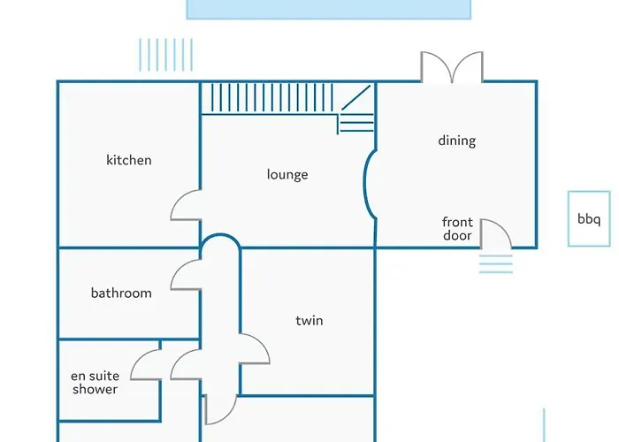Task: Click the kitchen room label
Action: pos(129,160)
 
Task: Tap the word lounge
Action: pos(287,174)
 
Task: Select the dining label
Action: pos(457,141)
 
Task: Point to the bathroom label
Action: pos(121,293)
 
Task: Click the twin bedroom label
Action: pos(309,320)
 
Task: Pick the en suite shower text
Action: pos(96,383)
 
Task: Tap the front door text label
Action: pos(457,229)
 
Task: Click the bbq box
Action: pos(589,219)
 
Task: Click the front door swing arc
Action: pos(502,227)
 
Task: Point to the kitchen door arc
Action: pos(179,198)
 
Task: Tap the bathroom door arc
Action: pos(179,269)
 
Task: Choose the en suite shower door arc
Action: pos(138,358)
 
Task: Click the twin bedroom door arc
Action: pos(262,343)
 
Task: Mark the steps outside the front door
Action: pos(496,264)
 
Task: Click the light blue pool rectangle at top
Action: pos(328,10)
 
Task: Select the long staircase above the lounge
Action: pos(272,97)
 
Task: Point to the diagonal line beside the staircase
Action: pos(356,97)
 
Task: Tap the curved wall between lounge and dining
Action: pos(367,184)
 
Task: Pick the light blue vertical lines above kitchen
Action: pos(166,55)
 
